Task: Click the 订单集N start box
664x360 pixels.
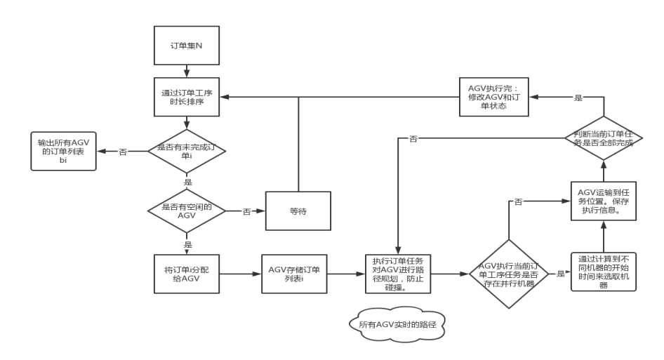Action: (186, 46)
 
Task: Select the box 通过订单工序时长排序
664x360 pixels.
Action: (186, 97)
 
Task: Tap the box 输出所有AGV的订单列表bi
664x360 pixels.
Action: (63, 151)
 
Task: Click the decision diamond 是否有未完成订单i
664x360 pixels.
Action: (186, 151)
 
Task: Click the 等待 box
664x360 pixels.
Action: (298, 211)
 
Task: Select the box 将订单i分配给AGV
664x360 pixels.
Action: (186, 273)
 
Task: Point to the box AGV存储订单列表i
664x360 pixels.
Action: (294, 273)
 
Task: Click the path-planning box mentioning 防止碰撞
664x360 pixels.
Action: (397, 273)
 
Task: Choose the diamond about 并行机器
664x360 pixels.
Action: (507, 273)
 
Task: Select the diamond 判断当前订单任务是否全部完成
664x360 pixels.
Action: (603, 138)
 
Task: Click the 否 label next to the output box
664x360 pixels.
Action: (123, 152)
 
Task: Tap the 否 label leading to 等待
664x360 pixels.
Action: (246, 211)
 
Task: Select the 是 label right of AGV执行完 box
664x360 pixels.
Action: (578, 98)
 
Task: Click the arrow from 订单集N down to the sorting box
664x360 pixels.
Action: (186, 71)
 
